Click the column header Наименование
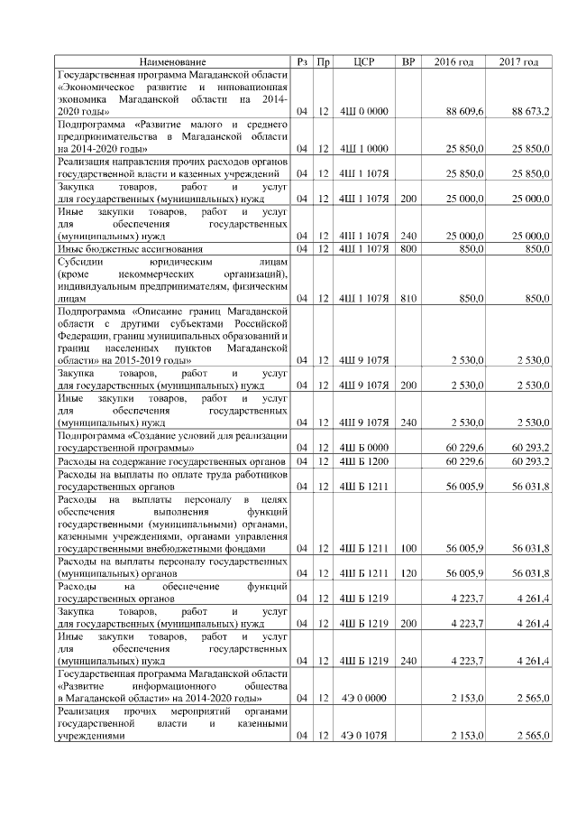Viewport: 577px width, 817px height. click(x=172, y=61)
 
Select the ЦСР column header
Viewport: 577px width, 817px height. click(x=363, y=61)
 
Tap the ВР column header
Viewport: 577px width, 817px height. click(x=408, y=61)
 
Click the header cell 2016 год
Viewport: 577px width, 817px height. click(x=453, y=61)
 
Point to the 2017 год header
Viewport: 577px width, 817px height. click(x=518, y=61)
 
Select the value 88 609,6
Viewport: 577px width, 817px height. click(x=465, y=111)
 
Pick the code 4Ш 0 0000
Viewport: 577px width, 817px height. click(x=363, y=111)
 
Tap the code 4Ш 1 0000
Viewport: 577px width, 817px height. click(x=363, y=148)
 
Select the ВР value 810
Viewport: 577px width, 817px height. click(x=408, y=297)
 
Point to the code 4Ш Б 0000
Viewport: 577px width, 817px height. click(x=363, y=447)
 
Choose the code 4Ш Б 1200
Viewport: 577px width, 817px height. click(x=363, y=461)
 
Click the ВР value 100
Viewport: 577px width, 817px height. click(x=408, y=548)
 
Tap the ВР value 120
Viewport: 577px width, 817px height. click(x=408, y=572)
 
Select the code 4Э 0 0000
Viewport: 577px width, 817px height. click(x=363, y=698)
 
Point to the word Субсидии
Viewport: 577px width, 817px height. click(x=78, y=260)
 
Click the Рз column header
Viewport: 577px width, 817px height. click(x=303, y=61)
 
